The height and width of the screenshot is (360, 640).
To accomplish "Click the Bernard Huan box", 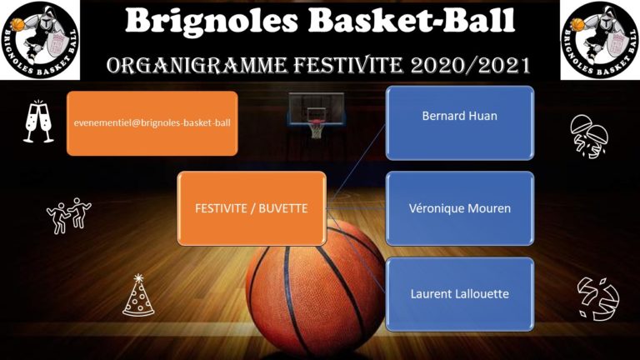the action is coord(460,122).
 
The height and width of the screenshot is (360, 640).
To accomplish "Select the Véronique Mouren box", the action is coord(460,208).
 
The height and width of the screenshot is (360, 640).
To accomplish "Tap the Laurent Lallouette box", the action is coord(460,294).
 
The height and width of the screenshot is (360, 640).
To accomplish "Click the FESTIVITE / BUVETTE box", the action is coord(252,208).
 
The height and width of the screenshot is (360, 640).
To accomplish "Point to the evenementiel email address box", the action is coord(152,123).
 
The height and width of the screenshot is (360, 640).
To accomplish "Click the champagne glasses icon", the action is coord(38,122).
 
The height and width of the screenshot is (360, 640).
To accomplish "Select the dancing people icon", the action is coord(69,216).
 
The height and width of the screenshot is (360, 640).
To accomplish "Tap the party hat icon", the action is coord(138,295).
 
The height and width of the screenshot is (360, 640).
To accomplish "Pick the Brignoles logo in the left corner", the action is coord(40,40).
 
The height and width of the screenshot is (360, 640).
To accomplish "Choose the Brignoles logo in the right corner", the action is coord(600,40).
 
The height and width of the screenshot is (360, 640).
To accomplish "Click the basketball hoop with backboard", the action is coord(316,114).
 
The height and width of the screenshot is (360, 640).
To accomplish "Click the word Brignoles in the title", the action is coord(212,21).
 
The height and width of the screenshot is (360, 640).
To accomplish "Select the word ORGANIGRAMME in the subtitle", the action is coord(197,65).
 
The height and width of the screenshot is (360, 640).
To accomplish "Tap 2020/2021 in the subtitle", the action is coord(471,65).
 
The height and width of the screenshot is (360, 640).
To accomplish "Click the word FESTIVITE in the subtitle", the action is coord(348,65).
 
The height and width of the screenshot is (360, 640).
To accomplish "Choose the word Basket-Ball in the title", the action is coord(412,21).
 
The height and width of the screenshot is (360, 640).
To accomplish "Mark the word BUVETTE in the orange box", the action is coord(283,208).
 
